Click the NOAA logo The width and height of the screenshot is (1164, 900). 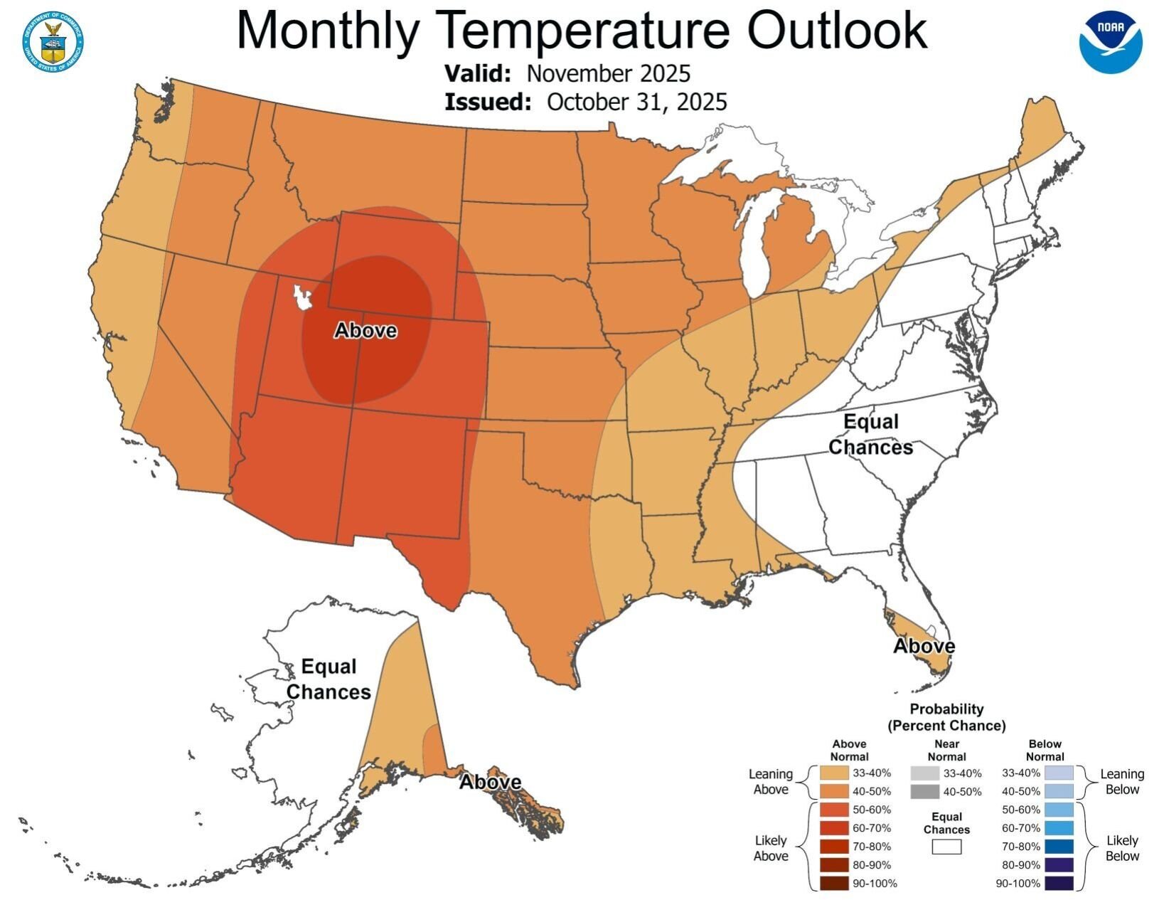pos(1110,42)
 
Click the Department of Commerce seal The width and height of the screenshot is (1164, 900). pos(52,41)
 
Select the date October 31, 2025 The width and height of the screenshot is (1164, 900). pos(636,102)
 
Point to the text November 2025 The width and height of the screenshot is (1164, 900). pos(609,73)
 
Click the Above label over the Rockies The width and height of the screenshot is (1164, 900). pos(365,331)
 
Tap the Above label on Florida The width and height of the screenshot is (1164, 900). pos(924,646)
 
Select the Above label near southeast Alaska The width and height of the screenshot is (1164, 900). pos(490,782)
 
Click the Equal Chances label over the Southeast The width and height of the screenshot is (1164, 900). pos(870,435)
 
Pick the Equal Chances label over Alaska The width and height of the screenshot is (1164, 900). pos(329,679)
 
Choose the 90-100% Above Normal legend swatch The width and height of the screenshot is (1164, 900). pos(833,884)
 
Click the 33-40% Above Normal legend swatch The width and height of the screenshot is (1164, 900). pos(833,773)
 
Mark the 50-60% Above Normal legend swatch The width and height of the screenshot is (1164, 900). pos(833,810)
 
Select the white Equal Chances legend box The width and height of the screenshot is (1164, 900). pos(946,847)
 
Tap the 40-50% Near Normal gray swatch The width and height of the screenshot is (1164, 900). pos(924,791)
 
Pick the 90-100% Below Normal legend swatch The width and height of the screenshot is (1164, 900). pos(1059,884)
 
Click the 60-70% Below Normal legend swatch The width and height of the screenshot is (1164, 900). pos(1059,828)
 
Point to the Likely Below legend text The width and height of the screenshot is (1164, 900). pos(1122,848)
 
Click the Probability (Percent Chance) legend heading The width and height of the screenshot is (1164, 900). pos(946,717)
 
